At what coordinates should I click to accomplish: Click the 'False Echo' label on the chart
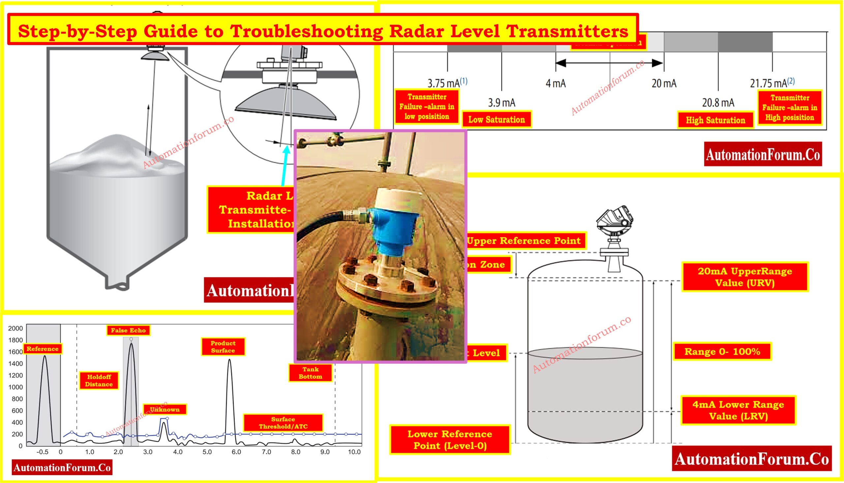tap(128, 330)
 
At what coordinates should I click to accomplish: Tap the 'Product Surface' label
tap(223, 347)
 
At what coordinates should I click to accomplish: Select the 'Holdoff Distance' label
tap(99, 381)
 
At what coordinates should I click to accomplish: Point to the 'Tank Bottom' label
tap(310, 373)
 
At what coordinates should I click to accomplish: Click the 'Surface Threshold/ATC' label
tap(283, 423)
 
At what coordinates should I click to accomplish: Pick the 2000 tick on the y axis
tap(15, 328)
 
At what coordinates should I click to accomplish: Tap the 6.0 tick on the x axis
tap(236, 452)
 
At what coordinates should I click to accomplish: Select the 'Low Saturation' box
tap(497, 119)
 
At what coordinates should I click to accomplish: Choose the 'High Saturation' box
tap(715, 120)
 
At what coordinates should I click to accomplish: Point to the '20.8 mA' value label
tap(718, 103)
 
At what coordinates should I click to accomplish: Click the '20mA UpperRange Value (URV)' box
tap(745, 277)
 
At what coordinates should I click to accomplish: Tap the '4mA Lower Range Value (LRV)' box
tap(738, 410)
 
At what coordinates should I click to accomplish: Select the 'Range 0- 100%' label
tap(722, 351)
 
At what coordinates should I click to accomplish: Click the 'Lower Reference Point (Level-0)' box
tap(450, 440)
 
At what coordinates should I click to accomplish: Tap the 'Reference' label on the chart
tap(43, 349)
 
